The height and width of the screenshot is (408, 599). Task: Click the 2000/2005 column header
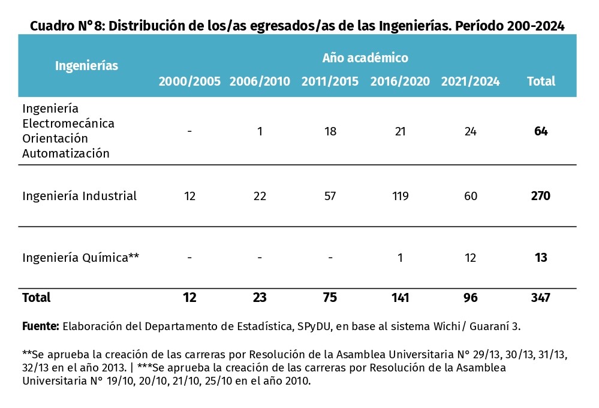(x=189, y=81)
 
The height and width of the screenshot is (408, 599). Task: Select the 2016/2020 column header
(x=400, y=81)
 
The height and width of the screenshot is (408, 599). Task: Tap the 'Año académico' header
(x=365, y=58)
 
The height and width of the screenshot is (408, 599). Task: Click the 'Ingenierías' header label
(x=86, y=66)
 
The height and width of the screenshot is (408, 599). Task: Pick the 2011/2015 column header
(x=330, y=81)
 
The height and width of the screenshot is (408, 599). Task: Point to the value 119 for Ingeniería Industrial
(x=400, y=196)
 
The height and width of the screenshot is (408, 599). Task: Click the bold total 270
(x=540, y=196)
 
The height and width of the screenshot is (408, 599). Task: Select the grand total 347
(x=540, y=297)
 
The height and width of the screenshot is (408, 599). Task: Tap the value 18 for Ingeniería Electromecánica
(x=330, y=131)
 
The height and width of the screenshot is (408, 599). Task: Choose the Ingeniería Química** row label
(x=80, y=258)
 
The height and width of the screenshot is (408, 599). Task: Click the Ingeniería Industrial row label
(x=79, y=196)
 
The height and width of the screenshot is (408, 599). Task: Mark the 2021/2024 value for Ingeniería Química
(x=470, y=258)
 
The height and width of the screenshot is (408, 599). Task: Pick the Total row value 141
(x=400, y=297)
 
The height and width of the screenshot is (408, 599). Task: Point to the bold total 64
(x=541, y=131)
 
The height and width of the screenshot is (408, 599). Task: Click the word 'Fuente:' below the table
(x=40, y=327)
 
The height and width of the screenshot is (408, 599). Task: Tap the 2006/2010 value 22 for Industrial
(x=260, y=196)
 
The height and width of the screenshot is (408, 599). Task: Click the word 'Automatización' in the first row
(x=66, y=153)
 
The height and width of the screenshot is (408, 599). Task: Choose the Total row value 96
(x=470, y=297)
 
